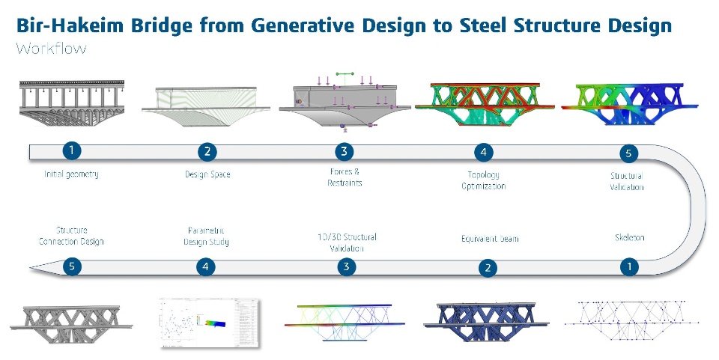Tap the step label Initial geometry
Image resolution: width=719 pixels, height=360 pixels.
coord(71,174)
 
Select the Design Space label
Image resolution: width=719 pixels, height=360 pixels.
coord(207,174)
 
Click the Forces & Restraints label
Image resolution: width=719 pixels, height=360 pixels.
coord(344,179)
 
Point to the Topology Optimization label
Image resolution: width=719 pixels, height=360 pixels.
coord(483,180)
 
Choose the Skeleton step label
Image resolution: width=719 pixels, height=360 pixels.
coord(629,237)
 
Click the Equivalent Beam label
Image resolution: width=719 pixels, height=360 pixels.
coord(490,239)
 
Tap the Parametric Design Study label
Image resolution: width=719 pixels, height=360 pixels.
coord(206,236)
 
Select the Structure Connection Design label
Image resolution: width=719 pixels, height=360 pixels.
coord(73,236)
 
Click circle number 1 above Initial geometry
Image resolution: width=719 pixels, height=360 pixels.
coord(71,150)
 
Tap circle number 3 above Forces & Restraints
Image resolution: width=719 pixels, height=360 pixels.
coord(343,152)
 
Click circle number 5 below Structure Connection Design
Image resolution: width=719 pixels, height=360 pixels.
coord(71,266)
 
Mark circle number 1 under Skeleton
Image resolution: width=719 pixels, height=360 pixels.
coord(630,266)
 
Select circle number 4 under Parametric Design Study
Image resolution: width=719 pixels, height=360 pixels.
coord(207,266)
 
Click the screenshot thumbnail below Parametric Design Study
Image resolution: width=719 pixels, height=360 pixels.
coord(209,323)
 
